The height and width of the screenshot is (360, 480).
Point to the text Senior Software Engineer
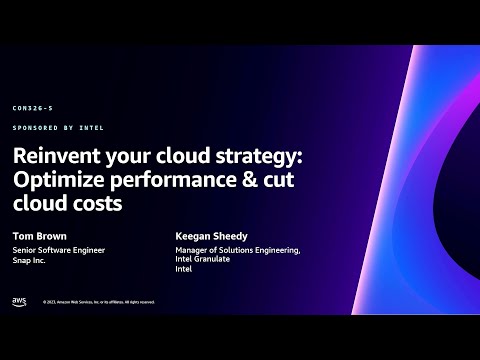tap(59, 250)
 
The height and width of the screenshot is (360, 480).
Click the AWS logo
tap(19, 301)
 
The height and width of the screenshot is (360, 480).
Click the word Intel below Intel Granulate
tap(184, 270)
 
